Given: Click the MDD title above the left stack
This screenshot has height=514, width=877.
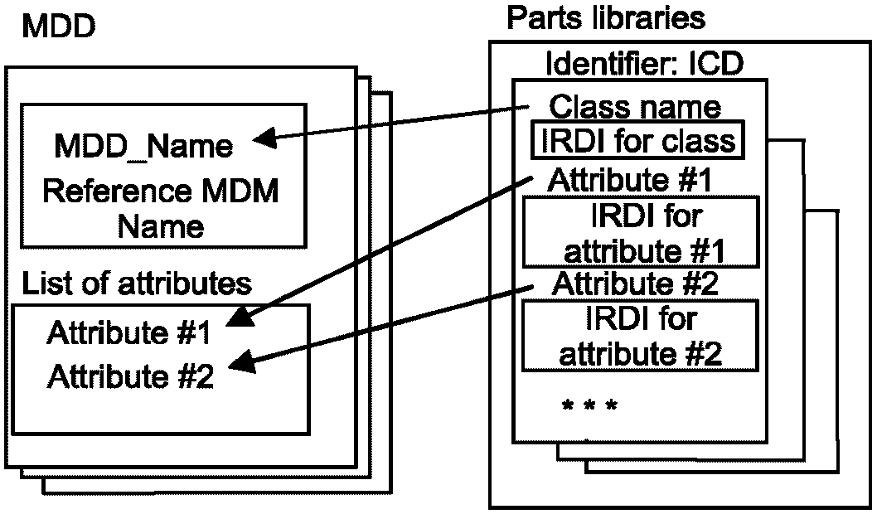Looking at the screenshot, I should (x=58, y=27).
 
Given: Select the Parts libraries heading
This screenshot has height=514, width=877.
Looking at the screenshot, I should (x=606, y=17).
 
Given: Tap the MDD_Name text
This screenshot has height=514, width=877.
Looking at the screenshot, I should (x=143, y=146).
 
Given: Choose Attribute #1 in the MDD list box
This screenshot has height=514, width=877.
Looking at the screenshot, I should (x=130, y=334).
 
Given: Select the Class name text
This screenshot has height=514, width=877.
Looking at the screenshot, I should (x=636, y=106).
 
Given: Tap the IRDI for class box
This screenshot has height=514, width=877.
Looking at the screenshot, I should (x=637, y=140).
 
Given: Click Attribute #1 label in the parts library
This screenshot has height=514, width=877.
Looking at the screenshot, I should (x=632, y=180).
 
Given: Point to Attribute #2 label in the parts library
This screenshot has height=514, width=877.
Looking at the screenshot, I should (x=635, y=282).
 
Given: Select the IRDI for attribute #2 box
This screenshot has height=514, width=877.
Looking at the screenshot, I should (x=641, y=334).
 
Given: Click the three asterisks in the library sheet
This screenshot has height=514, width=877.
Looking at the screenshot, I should (x=589, y=405).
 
